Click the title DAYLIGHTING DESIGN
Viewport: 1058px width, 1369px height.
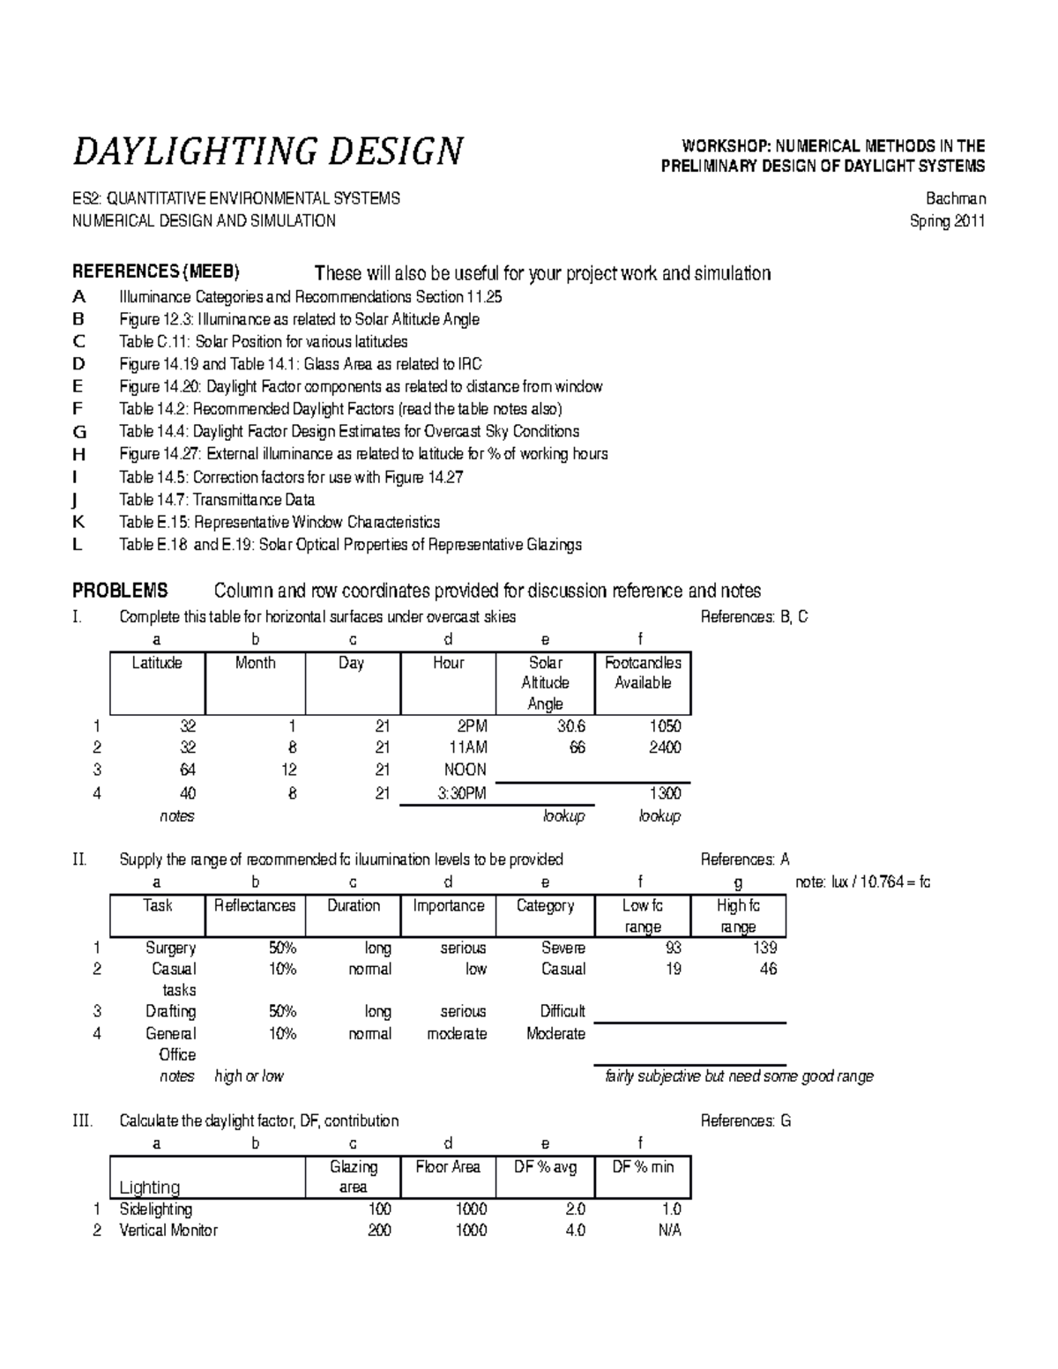[x=267, y=151]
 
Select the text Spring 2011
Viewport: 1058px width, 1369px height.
[x=947, y=221]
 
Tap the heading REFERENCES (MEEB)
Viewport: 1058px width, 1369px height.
[x=155, y=271]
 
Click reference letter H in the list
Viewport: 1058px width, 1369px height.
[x=78, y=454]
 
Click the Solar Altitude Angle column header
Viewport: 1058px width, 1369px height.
[x=545, y=683]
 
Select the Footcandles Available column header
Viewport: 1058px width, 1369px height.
[x=643, y=673]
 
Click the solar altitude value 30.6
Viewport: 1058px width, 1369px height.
[x=570, y=726]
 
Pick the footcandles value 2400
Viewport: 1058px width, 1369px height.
[x=665, y=748]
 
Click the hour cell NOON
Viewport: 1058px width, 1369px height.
[x=465, y=770]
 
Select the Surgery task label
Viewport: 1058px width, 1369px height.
[x=170, y=948]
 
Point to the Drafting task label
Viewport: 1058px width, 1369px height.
[x=170, y=1011]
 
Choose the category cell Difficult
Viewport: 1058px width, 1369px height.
[x=563, y=1011]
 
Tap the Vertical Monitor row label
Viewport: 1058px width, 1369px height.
[x=168, y=1230]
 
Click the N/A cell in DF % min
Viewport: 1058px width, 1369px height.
[x=669, y=1230]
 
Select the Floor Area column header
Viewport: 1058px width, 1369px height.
[x=448, y=1167]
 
